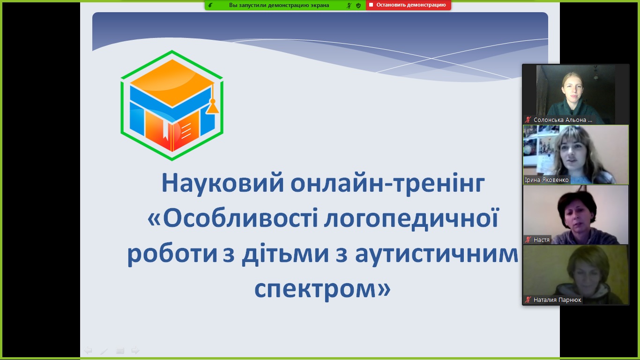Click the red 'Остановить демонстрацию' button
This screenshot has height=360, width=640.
408,5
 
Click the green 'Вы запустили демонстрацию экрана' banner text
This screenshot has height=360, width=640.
279,5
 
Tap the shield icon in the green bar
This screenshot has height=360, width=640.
358,5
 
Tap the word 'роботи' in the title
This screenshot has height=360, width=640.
172,254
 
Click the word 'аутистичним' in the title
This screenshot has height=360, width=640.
436,255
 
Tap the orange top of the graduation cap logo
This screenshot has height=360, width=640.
172,82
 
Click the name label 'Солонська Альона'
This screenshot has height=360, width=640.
563,120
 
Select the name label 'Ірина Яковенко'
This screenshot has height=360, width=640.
547,180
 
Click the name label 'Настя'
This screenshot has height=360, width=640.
542,240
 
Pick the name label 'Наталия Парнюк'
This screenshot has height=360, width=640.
557,300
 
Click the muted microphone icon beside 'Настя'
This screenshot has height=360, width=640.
528,240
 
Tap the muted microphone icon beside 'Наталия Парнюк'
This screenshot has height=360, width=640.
528,300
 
